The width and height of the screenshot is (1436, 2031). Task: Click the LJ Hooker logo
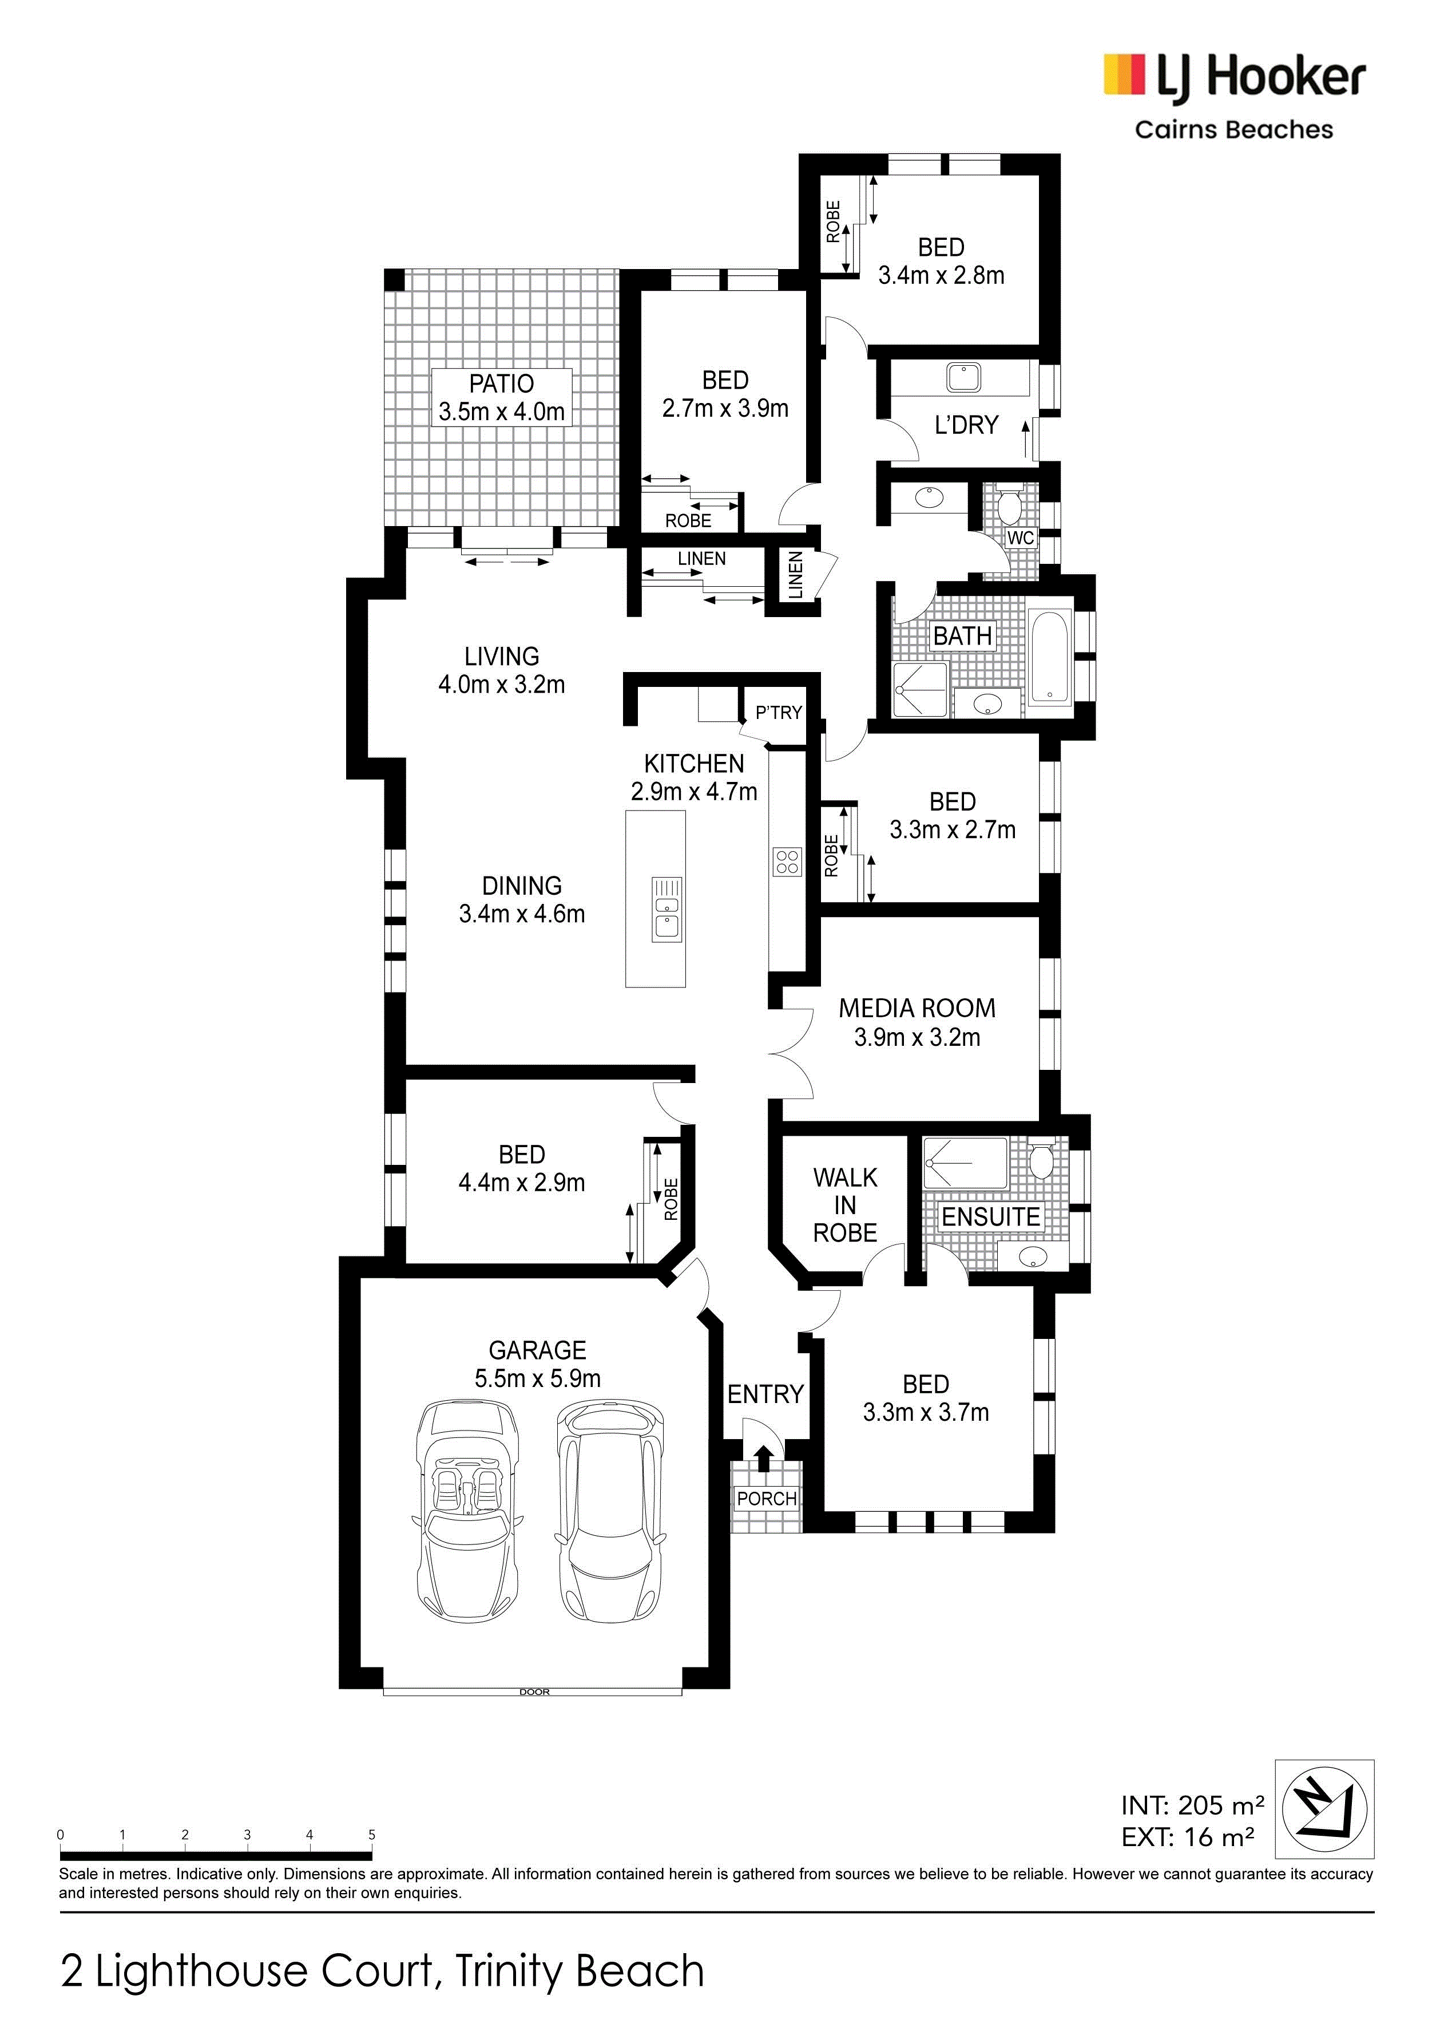click(x=1235, y=96)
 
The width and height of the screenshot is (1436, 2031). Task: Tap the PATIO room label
click(x=501, y=384)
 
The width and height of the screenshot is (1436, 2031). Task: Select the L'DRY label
click(x=966, y=425)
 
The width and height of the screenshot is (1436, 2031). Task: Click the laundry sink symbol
click(x=963, y=378)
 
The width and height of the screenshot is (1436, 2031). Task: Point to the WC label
click(x=1021, y=538)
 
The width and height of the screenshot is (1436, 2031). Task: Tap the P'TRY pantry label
click(x=778, y=712)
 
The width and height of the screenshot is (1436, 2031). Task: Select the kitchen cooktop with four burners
click(x=787, y=862)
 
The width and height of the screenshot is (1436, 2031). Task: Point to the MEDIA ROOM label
click(x=917, y=1009)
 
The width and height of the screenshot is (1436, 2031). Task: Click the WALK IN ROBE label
click(x=846, y=1205)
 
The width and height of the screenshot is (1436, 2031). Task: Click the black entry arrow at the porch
click(x=764, y=1458)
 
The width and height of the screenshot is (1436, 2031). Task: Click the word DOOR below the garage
click(x=534, y=1692)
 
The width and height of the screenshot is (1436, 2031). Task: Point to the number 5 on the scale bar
click(x=371, y=1835)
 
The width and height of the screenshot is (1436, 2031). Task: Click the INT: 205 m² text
click(x=1192, y=1804)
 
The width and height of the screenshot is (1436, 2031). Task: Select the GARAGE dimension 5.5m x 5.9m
click(x=538, y=1378)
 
